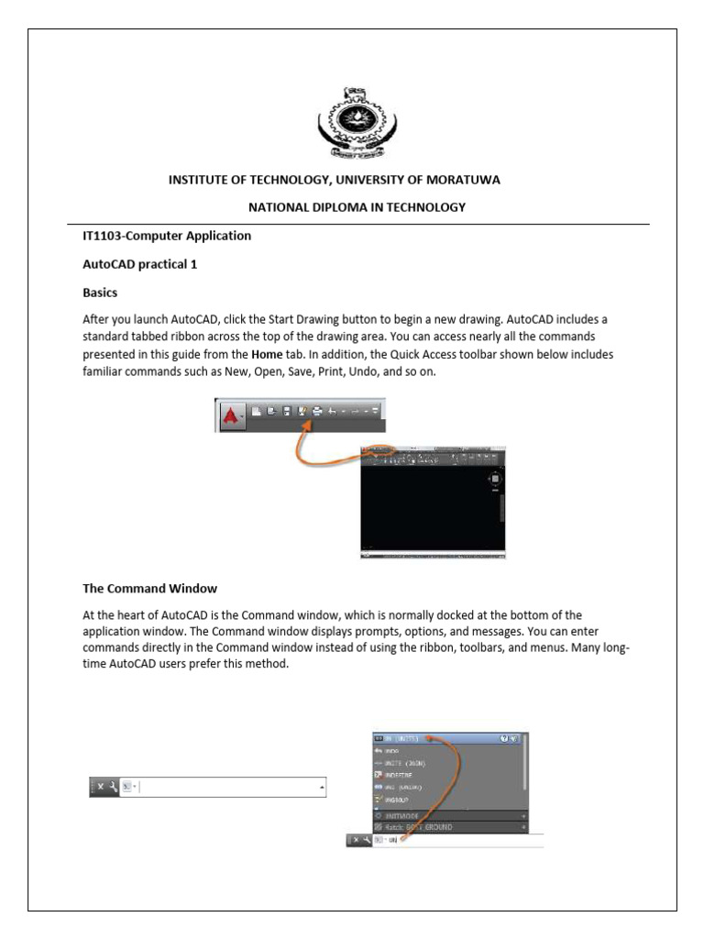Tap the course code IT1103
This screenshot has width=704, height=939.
[104, 236]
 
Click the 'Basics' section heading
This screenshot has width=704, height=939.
[102, 294]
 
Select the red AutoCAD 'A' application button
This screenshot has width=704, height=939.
[230, 415]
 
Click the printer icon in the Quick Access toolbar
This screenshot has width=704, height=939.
[317, 412]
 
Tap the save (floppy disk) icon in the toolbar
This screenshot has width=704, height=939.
[286, 412]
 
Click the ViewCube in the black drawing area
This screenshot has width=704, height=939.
[495, 479]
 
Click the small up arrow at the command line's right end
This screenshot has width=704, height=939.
[321, 788]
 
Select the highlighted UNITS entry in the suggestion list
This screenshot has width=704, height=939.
[402, 737]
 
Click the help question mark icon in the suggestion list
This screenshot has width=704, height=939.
[504, 737]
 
